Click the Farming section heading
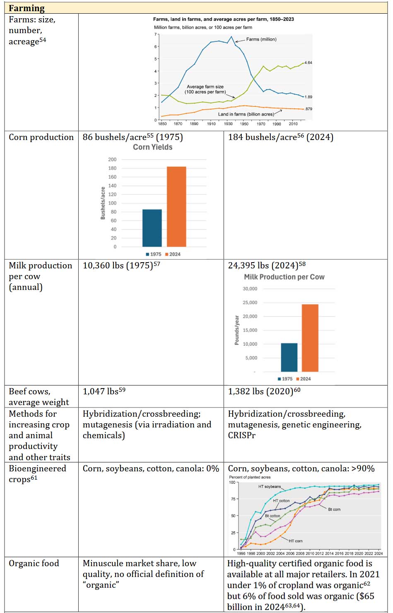27,8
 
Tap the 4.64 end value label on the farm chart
308,63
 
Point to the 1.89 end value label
308,97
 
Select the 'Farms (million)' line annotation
261,39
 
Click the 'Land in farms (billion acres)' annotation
246,114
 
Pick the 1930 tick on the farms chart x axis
228,124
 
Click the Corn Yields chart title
153,147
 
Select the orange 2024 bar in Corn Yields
176,207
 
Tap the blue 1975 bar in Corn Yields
152,228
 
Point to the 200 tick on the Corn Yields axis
112,159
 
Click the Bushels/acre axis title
103,203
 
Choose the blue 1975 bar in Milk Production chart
289,357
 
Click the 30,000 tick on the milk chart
250,289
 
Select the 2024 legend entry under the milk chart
304,379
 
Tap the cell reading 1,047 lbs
104,391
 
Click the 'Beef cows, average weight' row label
39,397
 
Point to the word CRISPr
242,435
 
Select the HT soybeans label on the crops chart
270,487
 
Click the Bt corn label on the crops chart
334,509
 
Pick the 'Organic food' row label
34,563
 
